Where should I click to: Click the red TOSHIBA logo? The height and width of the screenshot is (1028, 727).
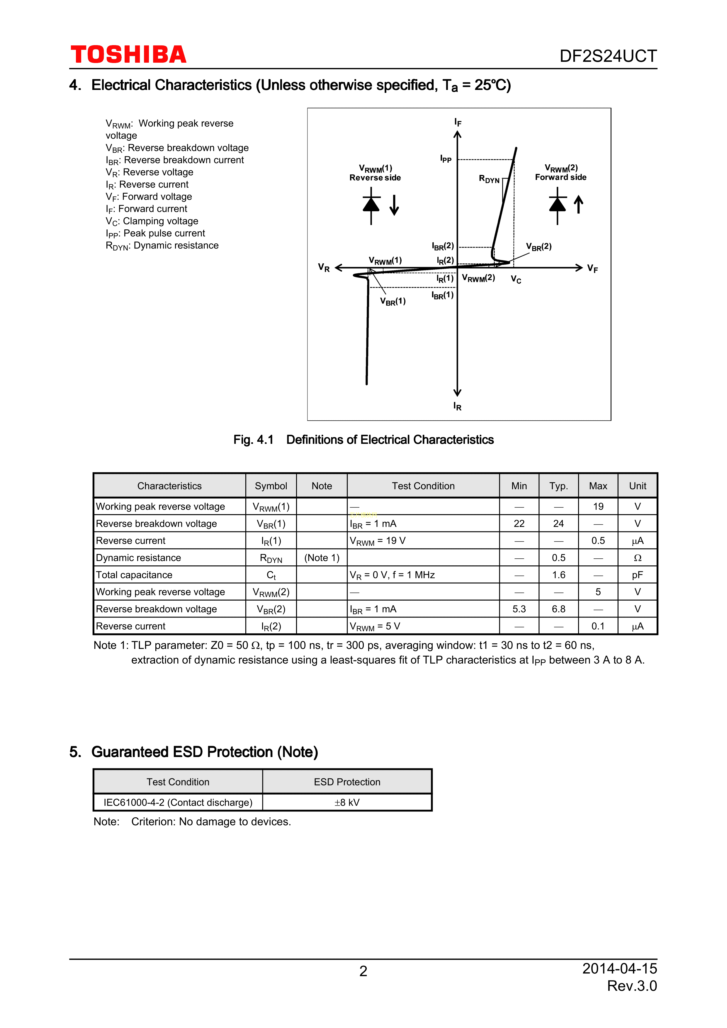click(x=129, y=54)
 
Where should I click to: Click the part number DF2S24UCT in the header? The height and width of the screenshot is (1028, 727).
click(x=608, y=56)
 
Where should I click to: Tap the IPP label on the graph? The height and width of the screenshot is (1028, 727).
click(x=446, y=159)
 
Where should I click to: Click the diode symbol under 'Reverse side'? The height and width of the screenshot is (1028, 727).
click(x=371, y=205)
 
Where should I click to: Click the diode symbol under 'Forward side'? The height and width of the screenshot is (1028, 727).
click(x=557, y=205)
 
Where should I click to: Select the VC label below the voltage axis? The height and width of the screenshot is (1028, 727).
click(x=516, y=280)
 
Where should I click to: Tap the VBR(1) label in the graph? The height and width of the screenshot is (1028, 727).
click(x=393, y=301)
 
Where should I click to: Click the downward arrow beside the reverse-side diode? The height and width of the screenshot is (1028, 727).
click(x=394, y=205)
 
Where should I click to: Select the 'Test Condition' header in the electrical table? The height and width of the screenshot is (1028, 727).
click(x=423, y=486)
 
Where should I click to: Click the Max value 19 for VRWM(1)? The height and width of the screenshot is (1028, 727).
click(x=598, y=507)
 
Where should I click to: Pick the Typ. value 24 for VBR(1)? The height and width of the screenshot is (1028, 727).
click(x=558, y=524)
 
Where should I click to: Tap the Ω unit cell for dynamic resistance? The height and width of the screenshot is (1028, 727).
click(x=637, y=558)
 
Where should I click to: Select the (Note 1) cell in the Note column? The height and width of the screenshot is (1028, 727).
click(x=322, y=558)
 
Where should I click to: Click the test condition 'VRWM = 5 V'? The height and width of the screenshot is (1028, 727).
click(x=375, y=626)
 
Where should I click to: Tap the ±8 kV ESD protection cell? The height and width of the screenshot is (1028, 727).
click(x=347, y=802)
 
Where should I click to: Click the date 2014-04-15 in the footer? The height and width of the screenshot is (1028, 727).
click(x=619, y=969)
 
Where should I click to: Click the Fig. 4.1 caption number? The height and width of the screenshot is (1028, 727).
click(x=253, y=440)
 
